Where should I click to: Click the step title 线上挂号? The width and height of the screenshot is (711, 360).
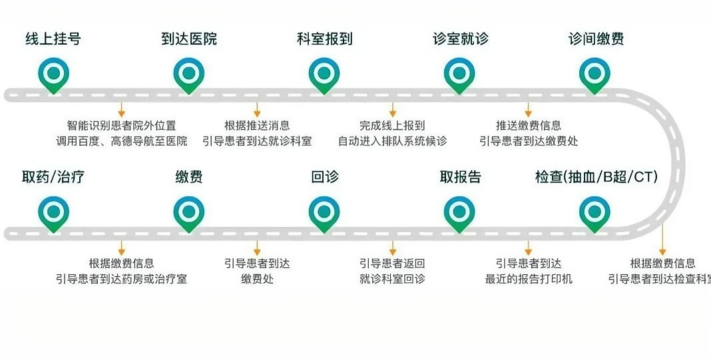pyautogui.click(x=53, y=39)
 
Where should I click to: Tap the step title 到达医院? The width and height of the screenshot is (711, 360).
pyautogui.click(x=189, y=39)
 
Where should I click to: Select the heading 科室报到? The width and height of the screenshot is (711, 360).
pyautogui.click(x=325, y=39)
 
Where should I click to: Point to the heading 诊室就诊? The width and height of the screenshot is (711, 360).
pyautogui.click(x=461, y=39)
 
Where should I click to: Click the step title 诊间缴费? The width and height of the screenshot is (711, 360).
pyautogui.click(x=596, y=39)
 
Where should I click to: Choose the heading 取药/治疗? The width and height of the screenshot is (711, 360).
pyautogui.click(x=53, y=177)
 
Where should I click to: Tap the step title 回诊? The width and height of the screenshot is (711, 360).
pyautogui.click(x=325, y=177)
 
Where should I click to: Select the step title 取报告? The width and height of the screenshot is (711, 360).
pyautogui.click(x=460, y=177)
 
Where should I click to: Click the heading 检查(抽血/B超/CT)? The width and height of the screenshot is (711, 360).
pyautogui.click(x=596, y=177)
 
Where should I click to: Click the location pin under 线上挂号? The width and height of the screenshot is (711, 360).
pyautogui.click(x=54, y=74)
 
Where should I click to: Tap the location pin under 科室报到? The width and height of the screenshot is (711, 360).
pyautogui.click(x=325, y=74)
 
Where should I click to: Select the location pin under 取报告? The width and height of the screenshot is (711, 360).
pyautogui.click(x=459, y=212)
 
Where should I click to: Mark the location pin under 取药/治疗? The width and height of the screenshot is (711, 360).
pyautogui.click(x=54, y=212)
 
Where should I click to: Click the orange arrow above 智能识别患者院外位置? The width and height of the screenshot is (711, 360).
pyautogui.click(x=122, y=110)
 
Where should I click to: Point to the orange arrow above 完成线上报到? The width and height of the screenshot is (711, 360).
pyautogui.click(x=393, y=110)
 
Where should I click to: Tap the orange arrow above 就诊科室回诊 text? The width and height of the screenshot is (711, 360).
pyautogui.click(x=393, y=248)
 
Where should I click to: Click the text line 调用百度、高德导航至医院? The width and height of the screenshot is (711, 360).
pyautogui.click(x=122, y=141)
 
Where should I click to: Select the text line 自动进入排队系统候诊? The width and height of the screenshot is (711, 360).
pyautogui.click(x=393, y=141)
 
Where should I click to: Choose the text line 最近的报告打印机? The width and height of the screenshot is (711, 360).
pyautogui.click(x=529, y=279)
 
